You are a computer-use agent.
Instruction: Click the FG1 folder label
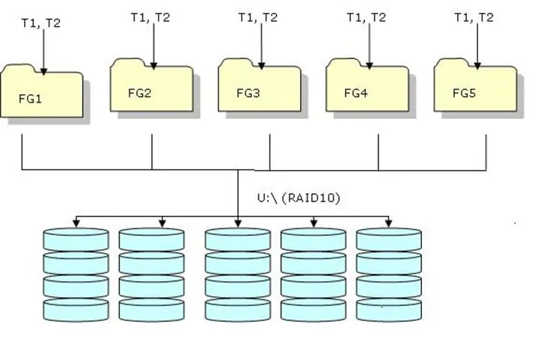tap(31, 98)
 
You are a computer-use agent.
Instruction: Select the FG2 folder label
tap(139, 94)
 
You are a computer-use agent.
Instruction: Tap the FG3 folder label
tap(248, 94)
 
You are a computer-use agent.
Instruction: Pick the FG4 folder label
tap(355, 94)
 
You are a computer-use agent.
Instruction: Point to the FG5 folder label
tap(463, 94)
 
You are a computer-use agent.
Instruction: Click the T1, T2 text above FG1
tap(41, 22)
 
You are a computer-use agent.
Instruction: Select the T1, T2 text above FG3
tap(257, 18)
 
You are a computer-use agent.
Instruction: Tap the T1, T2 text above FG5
tap(474, 18)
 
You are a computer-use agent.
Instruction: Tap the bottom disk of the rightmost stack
tap(388, 310)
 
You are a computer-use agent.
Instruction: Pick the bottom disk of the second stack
tap(152, 310)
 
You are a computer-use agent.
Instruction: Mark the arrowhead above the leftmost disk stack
tap(76, 223)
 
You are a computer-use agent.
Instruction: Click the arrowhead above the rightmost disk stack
tap(388, 223)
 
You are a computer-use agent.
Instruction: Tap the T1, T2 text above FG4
tap(366, 18)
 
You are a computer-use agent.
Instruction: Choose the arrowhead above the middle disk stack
tap(238, 223)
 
